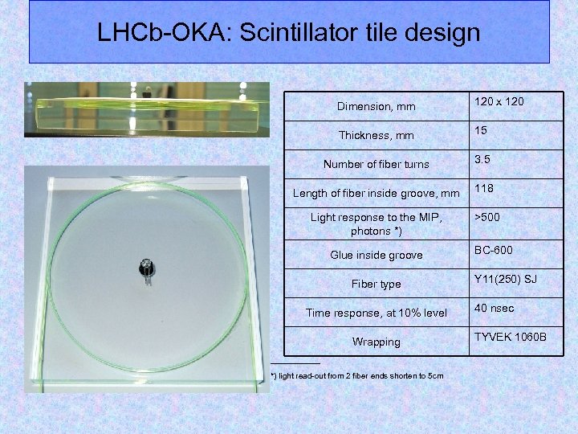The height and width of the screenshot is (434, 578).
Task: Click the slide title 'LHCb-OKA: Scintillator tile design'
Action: click(x=288, y=33)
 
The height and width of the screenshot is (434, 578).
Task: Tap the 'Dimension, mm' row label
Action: click(x=376, y=106)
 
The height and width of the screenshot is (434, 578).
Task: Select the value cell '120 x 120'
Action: click(x=499, y=102)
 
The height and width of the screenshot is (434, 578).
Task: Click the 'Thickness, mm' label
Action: click(x=376, y=135)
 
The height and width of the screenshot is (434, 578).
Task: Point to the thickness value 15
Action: click(x=481, y=130)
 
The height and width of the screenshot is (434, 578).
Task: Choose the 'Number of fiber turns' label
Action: click(x=376, y=164)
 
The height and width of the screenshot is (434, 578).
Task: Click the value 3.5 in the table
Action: click(x=482, y=159)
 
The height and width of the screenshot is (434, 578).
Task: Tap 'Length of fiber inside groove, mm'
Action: click(x=376, y=193)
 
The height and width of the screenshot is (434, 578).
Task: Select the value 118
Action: click(x=483, y=188)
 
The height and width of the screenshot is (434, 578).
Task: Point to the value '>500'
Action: click(x=487, y=217)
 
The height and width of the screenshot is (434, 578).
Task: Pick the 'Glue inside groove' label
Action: click(x=376, y=255)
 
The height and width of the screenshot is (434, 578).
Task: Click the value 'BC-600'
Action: click(x=493, y=250)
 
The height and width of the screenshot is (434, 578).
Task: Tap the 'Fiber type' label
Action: click(x=376, y=284)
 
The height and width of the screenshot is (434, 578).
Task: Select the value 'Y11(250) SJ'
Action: click(x=505, y=279)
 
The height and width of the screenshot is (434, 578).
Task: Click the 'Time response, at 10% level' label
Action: click(x=376, y=313)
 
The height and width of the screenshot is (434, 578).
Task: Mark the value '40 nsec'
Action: click(x=494, y=308)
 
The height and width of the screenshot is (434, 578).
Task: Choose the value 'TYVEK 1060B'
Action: click(x=510, y=336)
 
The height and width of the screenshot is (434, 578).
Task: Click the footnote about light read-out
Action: click(x=357, y=375)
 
